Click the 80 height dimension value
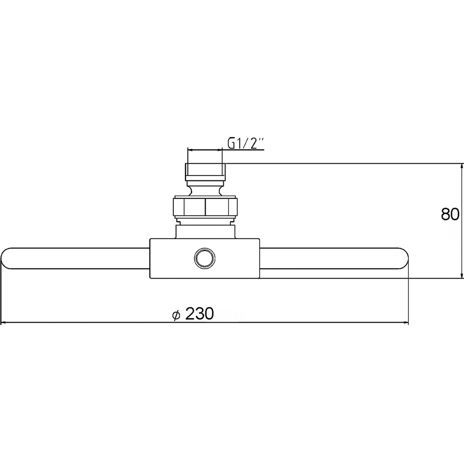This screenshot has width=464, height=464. (450, 214)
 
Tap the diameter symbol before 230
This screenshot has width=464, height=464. (176, 315)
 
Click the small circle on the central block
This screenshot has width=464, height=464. (205, 258)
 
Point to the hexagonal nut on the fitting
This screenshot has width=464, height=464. (205, 207)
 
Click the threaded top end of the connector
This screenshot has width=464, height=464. (205, 172)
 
